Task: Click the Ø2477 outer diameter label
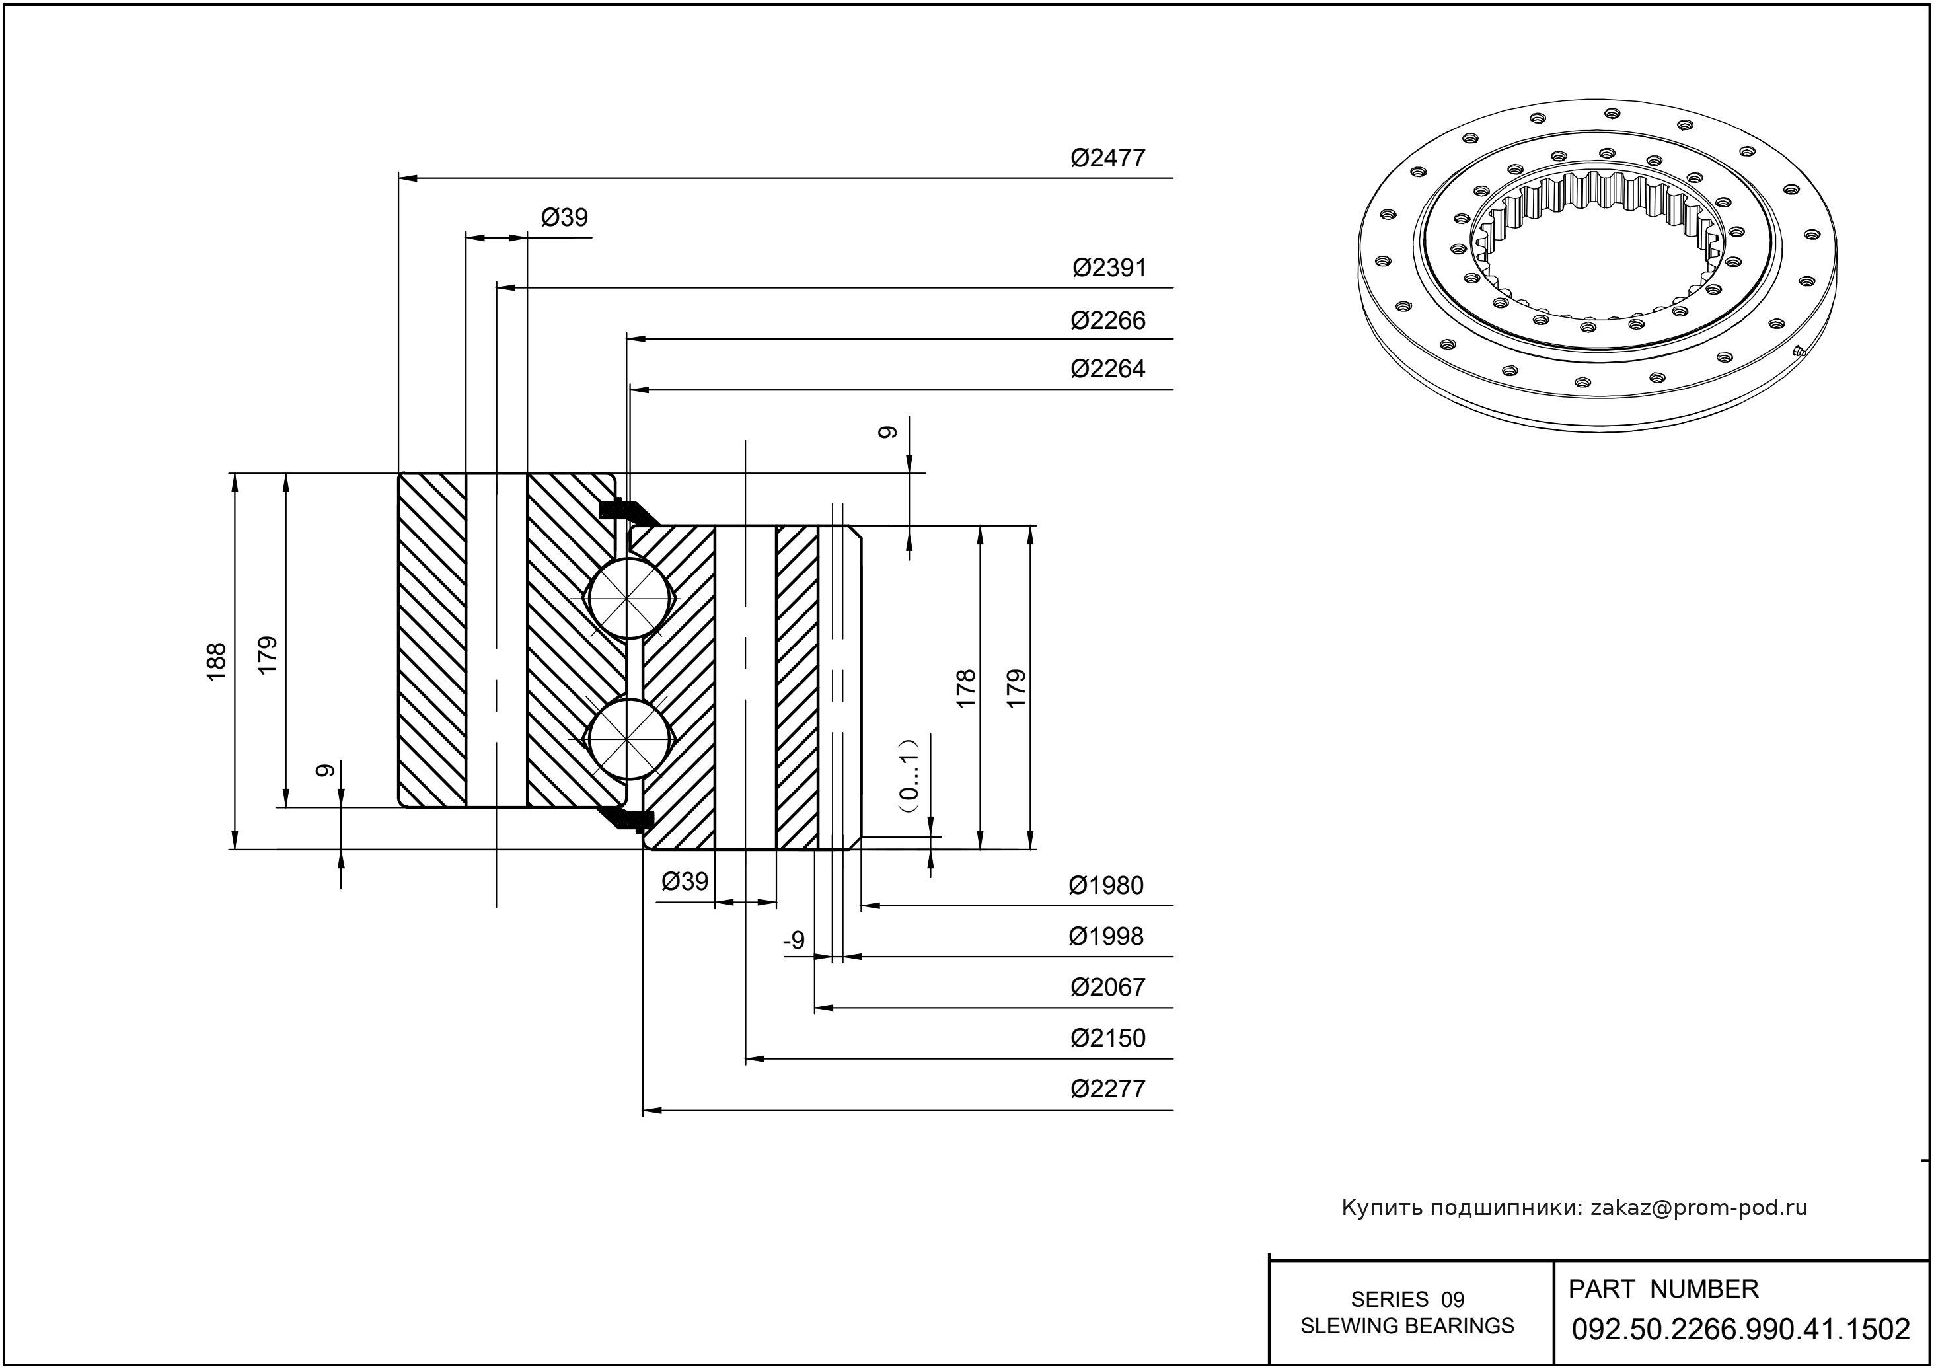[x=1108, y=159]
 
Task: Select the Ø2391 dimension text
[x=1109, y=268]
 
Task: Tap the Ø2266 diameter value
[x=1108, y=320]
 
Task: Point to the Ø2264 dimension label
[x=1108, y=369]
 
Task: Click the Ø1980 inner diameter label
[x=1106, y=886]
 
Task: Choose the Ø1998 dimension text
[x=1106, y=936]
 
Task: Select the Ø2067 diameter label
[x=1108, y=987]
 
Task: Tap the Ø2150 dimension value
[x=1108, y=1038]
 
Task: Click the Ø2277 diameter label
[x=1108, y=1089]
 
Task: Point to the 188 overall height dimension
[x=217, y=662]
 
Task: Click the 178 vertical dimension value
[x=966, y=688]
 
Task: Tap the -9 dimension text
[x=794, y=940]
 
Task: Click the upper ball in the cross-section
[x=629, y=598]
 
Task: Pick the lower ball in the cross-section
[x=629, y=739]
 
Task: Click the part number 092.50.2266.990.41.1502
[x=1741, y=1329]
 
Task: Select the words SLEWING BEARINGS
[x=1407, y=1326]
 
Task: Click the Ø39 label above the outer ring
[x=564, y=217]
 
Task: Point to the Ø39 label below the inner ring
[x=685, y=882]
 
